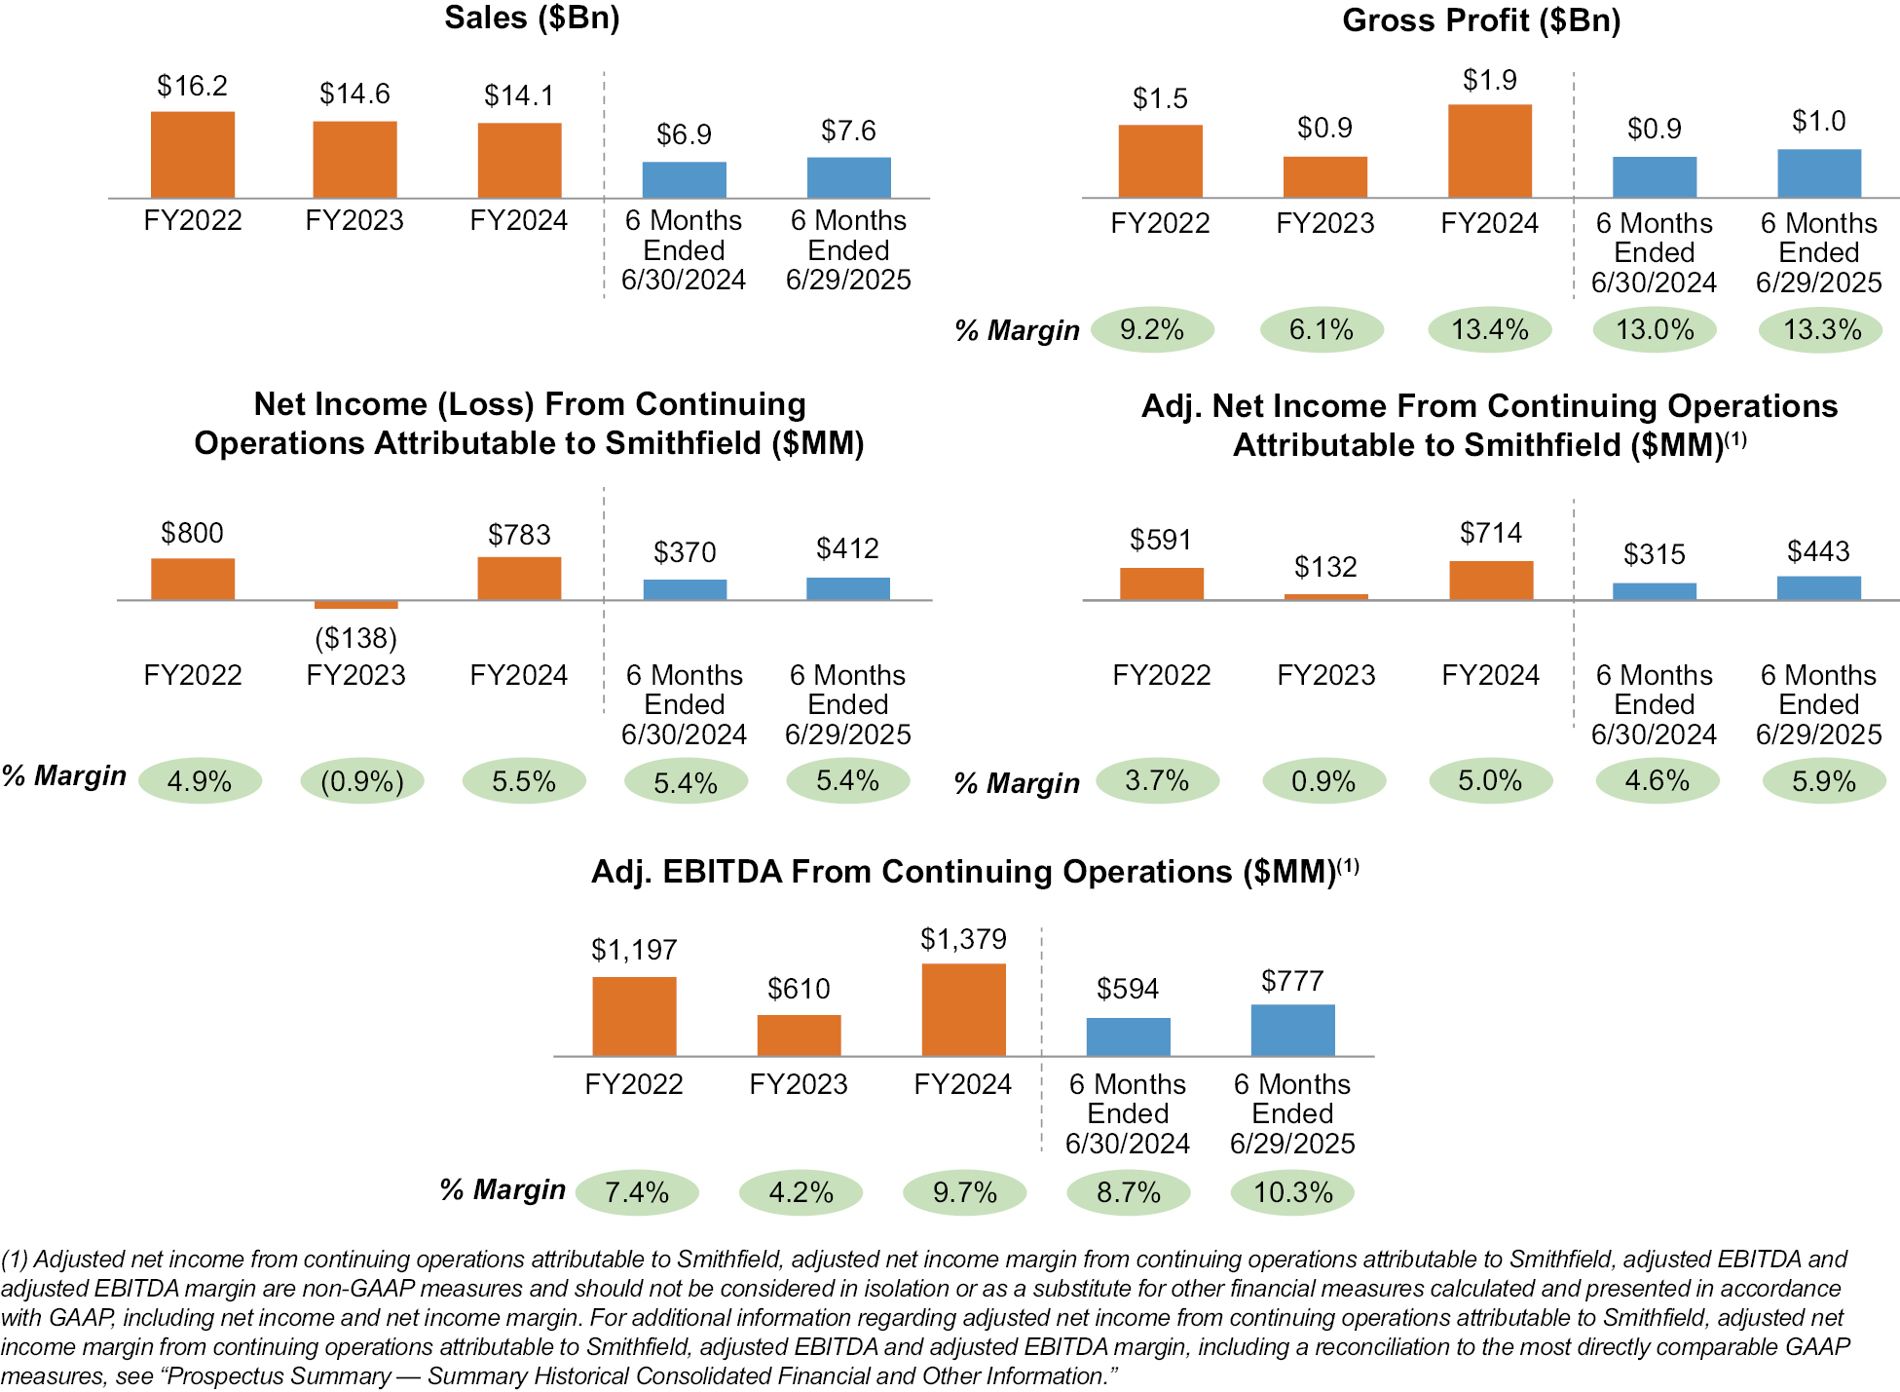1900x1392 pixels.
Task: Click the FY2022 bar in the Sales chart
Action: (193, 155)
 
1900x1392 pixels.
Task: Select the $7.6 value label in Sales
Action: (848, 131)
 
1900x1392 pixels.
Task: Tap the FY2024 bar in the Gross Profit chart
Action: (1489, 151)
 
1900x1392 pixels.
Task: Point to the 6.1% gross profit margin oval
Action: (1322, 329)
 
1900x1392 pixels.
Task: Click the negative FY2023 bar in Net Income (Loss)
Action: (356, 605)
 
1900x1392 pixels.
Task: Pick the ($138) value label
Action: (356, 638)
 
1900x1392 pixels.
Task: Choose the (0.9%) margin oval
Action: (362, 782)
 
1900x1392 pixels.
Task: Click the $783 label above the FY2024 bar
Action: (519, 535)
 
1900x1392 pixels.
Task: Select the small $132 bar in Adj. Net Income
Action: (1325, 596)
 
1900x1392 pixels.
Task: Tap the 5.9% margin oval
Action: (1824, 781)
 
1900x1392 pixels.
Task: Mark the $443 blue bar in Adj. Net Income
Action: (1818, 587)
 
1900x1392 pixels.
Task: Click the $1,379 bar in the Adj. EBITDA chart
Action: (963, 1009)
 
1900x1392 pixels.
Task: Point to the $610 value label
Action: (799, 989)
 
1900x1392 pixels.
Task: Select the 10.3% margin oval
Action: (1292, 1192)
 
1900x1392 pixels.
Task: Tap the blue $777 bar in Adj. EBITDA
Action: (1292, 1030)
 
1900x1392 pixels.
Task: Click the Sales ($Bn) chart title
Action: (532, 18)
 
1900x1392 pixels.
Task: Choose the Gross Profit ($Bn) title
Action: (1481, 20)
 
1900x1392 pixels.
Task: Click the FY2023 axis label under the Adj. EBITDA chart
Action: (799, 1084)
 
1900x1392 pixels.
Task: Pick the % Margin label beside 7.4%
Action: (503, 1189)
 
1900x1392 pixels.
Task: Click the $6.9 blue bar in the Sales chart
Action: (684, 180)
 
